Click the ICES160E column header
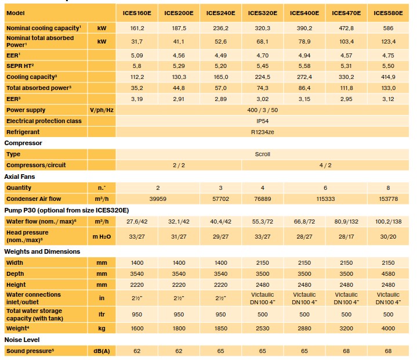tap(137, 12)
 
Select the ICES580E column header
tap(388, 12)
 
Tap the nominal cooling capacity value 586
tap(388, 27)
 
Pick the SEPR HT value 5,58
tap(304, 66)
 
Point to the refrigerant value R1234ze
tap(263, 132)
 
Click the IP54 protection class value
tap(263, 121)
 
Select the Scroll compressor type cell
tap(263, 154)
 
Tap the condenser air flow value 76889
tap(263, 198)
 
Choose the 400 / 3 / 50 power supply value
tap(263, 110)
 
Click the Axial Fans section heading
tap(21, 177)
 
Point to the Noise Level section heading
tap(22, 339)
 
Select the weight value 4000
tap(388, 329)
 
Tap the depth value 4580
tap(388, 273)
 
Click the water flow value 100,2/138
tap(388, 221)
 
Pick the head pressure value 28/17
tap(346, 237)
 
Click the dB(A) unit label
tap(101, 351)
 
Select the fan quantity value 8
tap(388, 188)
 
